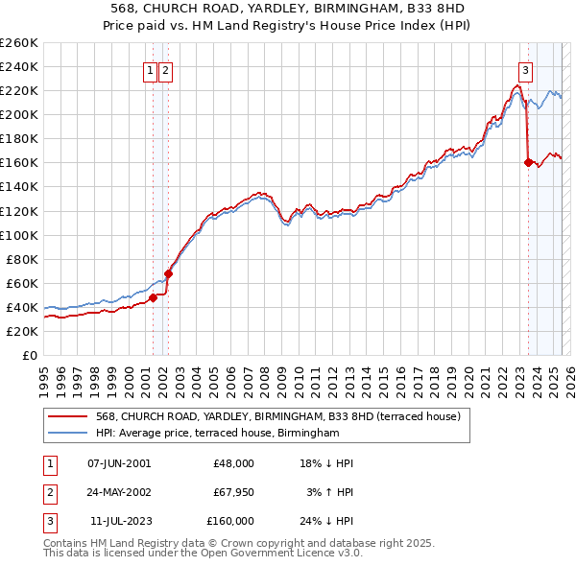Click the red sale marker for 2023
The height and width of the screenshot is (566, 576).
(x=528, y=162)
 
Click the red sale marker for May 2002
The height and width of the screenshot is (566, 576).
(x=168, y=273)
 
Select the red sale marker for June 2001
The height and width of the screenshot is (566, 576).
(x=153, y=297)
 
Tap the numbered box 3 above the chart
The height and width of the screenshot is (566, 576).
(x=526, y=69)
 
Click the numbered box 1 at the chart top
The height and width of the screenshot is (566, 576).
(x=151, y=69)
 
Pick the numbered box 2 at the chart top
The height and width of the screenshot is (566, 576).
(x=165, y=69)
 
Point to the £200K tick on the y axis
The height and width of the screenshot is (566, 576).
(x=19, y=114)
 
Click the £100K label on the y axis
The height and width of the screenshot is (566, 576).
(x=19, y=235)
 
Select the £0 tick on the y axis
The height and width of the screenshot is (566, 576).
(x=29, y=355)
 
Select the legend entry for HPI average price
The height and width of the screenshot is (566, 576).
(x=218, y=434)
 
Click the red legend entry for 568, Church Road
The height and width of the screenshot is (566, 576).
(x=278, y=416)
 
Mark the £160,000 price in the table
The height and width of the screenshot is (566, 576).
(x=229, y=521)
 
